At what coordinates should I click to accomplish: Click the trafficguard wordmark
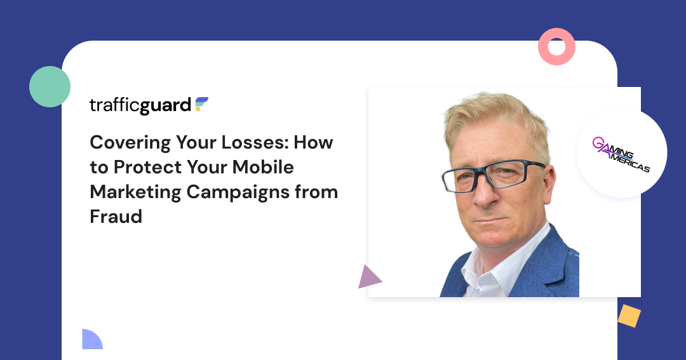140,105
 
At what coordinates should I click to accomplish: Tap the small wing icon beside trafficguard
201,104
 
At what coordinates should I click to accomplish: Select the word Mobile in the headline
263,167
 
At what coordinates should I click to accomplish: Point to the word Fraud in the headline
116,217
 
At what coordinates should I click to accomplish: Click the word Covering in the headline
130,143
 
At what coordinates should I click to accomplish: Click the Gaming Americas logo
621,154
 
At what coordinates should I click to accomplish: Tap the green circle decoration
50,86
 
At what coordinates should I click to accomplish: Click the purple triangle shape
368,278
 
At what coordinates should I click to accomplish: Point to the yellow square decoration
629,316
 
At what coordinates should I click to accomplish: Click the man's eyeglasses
492,176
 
